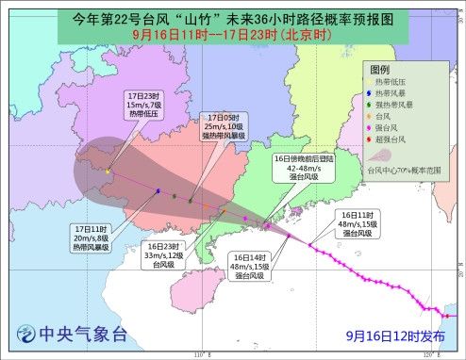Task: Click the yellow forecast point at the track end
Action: coord(109,171)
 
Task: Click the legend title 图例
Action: coord(380,71)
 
